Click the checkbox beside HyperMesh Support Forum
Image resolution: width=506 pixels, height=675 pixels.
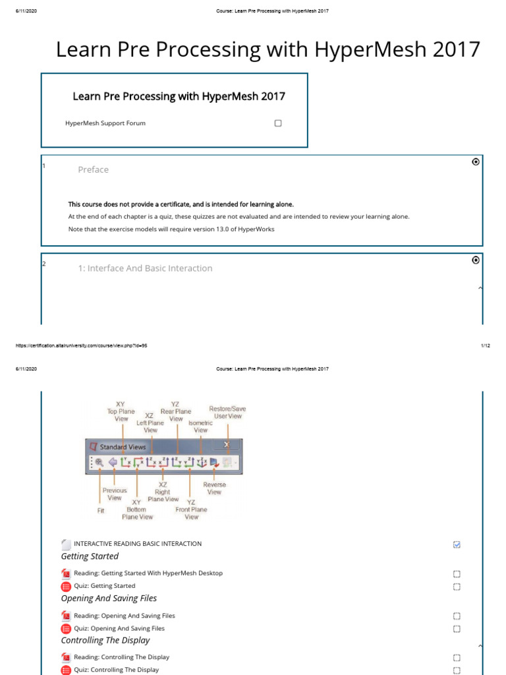click(278, 123)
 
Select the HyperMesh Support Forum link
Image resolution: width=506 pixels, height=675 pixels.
click(105, 123)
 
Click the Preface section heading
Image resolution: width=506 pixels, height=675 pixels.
click(93, 169)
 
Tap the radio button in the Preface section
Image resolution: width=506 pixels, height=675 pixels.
click(476, 162)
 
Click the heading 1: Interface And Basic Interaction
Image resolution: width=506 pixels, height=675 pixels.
click(145, 268)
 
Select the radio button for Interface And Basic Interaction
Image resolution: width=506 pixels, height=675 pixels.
click(476, 260)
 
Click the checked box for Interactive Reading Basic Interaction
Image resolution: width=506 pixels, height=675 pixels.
click(457, 544)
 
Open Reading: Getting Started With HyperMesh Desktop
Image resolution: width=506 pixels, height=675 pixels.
click(148, 573)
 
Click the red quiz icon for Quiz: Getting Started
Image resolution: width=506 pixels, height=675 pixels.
click(66, 586)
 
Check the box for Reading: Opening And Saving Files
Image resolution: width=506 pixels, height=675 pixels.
click(457, 616)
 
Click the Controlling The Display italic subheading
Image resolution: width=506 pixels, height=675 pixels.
click(105, 640)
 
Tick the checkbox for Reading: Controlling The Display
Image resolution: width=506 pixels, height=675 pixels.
click(457, 657)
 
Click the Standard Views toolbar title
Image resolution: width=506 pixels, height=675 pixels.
click(123, 447)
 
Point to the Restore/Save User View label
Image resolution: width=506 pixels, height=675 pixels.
click(227, 413)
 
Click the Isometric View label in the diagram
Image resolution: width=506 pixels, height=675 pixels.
click(200, 426)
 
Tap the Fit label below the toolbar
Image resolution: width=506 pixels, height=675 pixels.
click(100, 510)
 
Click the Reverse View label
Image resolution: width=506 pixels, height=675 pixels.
click(214, 488)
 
